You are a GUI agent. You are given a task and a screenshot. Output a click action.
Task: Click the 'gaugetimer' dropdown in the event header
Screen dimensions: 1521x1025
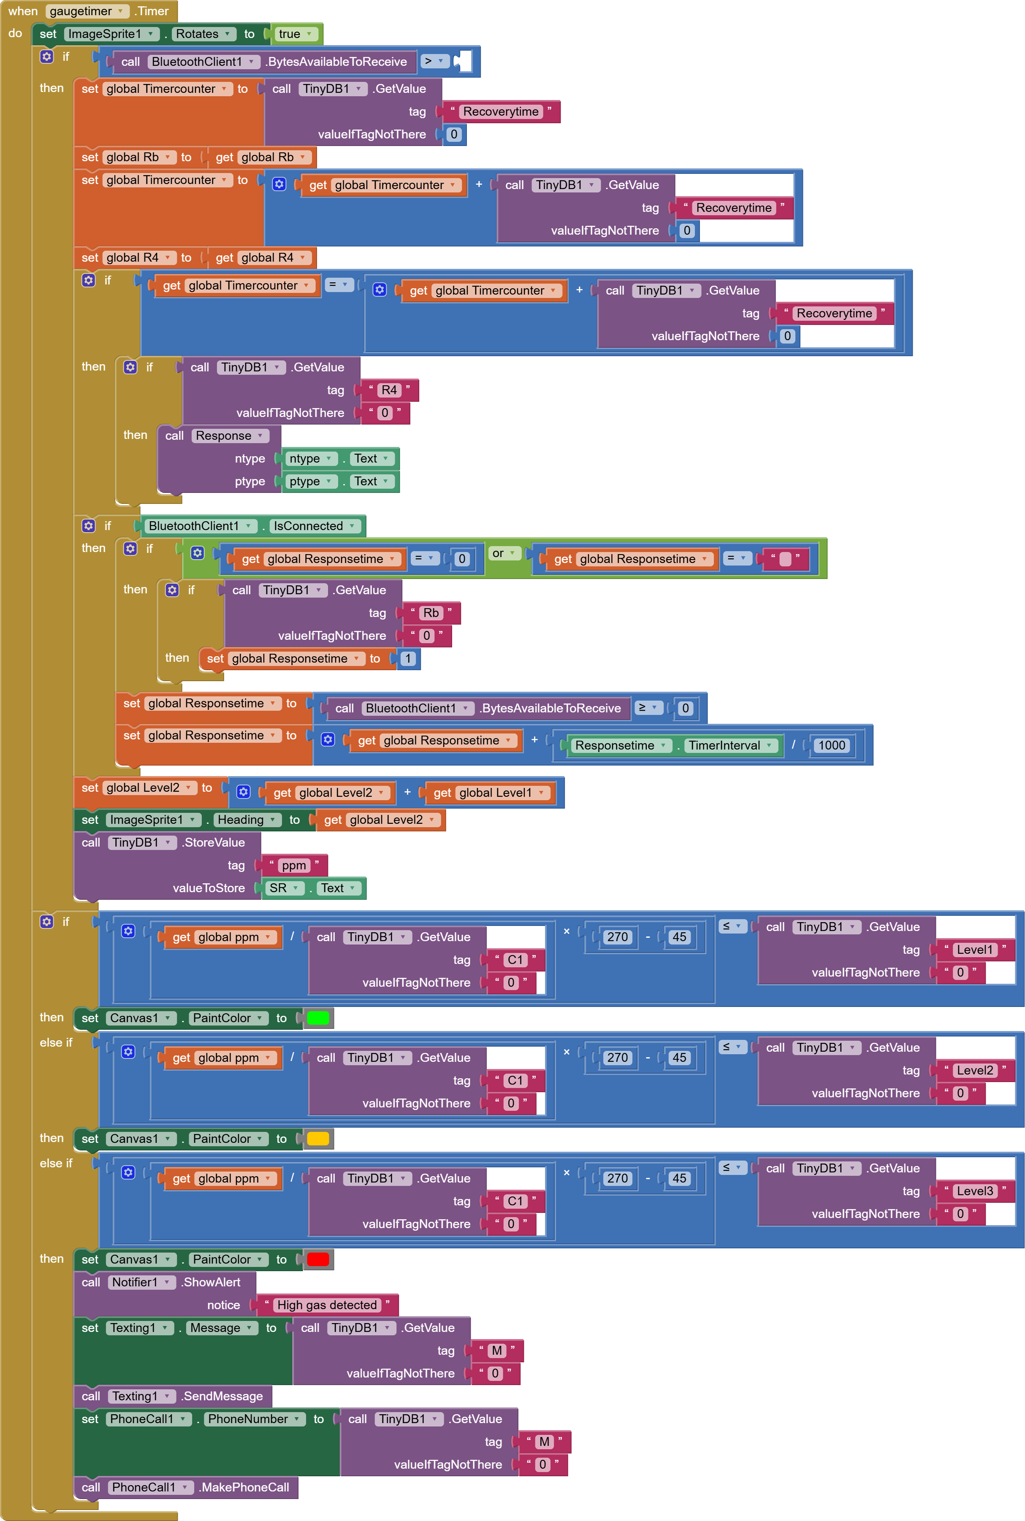(x=85, y=11)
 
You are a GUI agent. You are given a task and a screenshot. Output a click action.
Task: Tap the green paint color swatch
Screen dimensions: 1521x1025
(x=318, y=1018)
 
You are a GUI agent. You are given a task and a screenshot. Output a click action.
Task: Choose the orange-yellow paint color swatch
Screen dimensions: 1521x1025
(x=318, y=1139)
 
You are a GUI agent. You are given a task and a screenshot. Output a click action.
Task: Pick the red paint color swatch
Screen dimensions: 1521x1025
(x=318, y=1260)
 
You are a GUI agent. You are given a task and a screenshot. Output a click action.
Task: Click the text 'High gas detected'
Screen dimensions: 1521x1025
(x=327, y=1305)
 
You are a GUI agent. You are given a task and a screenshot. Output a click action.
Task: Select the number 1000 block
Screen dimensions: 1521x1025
(x=832, y=745)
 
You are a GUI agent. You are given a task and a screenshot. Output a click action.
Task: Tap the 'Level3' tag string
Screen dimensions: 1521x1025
(x=974, y=1191)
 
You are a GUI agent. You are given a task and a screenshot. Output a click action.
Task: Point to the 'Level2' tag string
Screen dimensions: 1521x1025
(x=974, y=1070)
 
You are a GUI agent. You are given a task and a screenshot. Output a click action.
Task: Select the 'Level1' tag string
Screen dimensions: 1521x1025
(x=974, y=950)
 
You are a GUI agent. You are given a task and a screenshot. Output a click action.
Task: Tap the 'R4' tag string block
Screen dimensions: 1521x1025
(x=389, y=390)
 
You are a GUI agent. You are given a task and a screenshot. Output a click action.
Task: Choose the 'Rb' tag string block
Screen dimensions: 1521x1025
(x=431, y=613)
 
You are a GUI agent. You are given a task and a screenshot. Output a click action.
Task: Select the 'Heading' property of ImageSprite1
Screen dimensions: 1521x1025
(x=247, y=820)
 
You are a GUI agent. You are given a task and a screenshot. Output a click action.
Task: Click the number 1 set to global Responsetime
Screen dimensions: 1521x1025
(x=408, y=658)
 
